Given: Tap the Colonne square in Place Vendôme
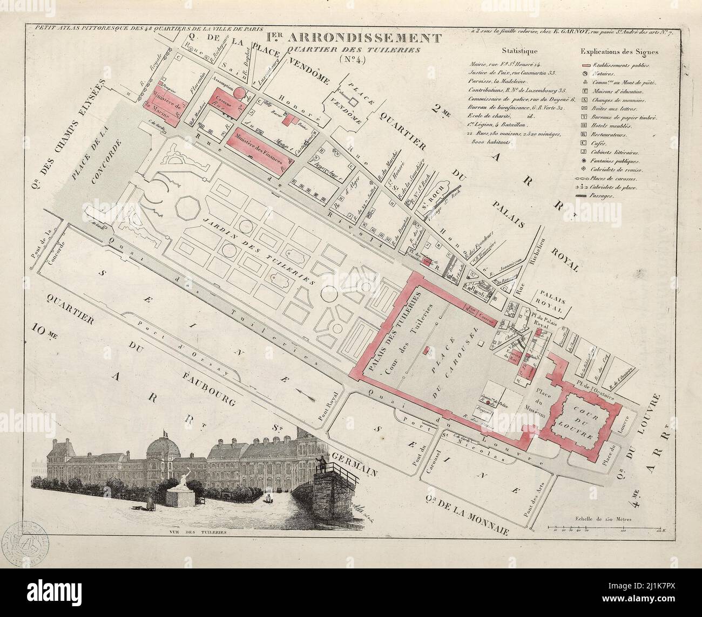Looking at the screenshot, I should pyautogui.click(x=354, y=101).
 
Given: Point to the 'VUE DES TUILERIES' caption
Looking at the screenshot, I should pyautogui.click(x=194, y=532).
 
